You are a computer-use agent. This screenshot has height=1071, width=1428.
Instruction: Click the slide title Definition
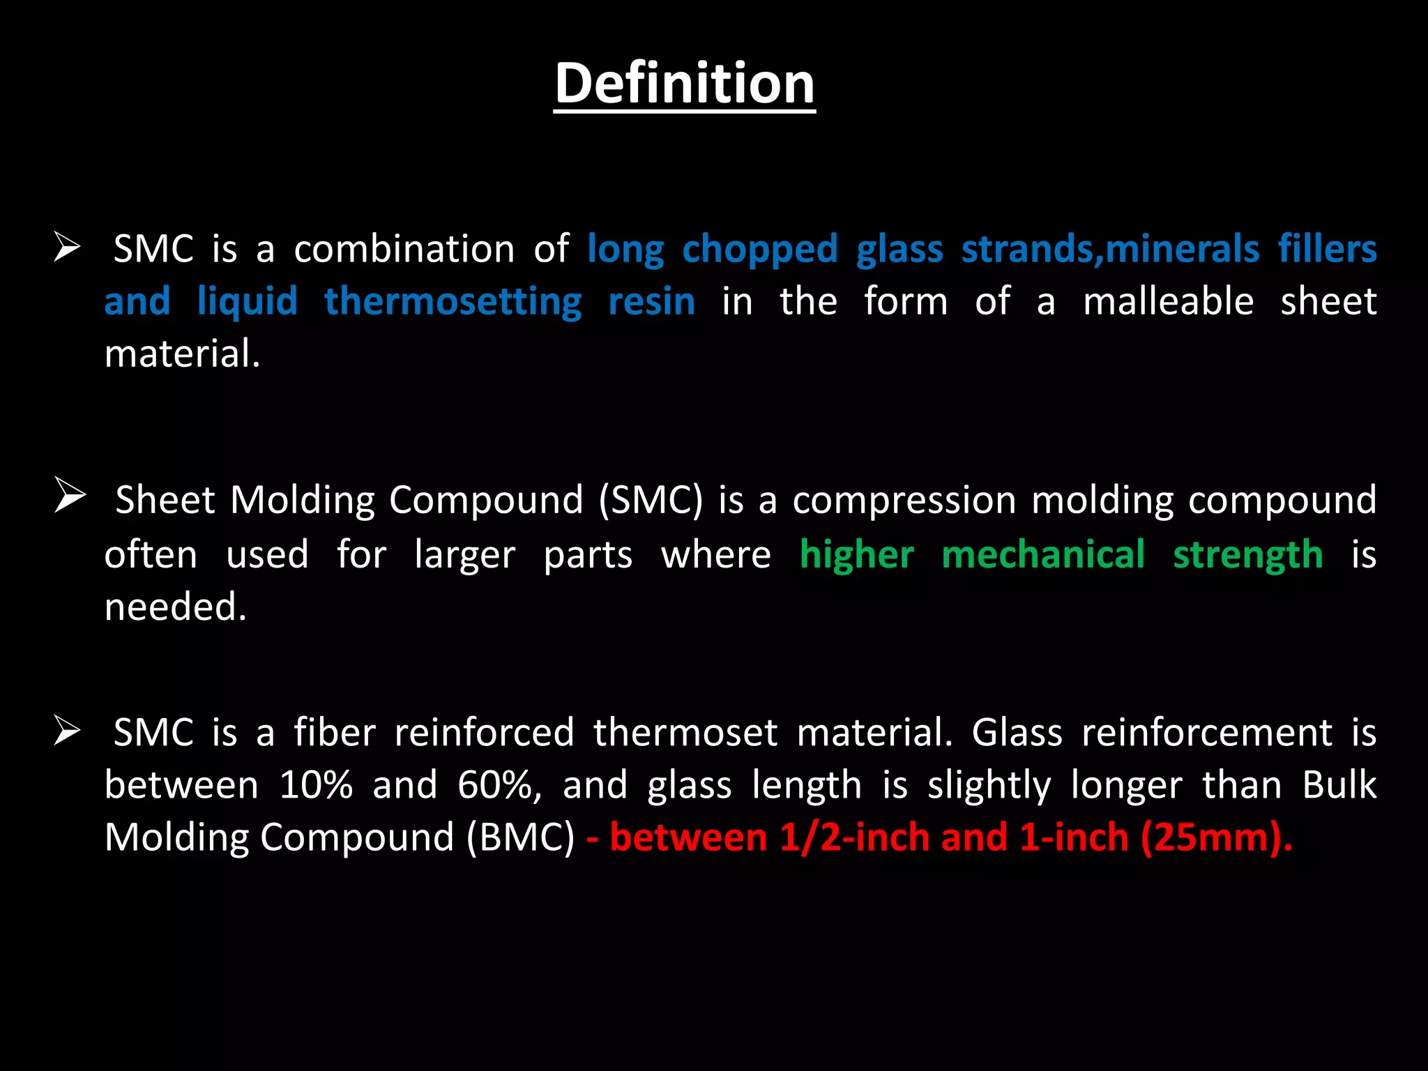(x=684, y=84)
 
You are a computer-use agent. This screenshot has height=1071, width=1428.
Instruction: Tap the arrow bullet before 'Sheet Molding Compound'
(x=70, y=496)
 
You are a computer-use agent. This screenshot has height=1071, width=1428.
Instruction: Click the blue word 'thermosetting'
(x=453, y=303)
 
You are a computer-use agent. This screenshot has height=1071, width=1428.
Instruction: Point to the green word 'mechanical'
(x=1043, y=555)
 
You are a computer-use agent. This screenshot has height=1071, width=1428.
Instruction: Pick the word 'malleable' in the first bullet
(x=1168, y=301)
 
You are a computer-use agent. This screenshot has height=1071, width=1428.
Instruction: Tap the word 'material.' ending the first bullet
(x=182, y=354)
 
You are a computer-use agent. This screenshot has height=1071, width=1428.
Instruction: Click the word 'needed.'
(x=176, y=607)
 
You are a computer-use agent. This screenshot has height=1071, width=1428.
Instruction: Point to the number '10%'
(x=316, y=785)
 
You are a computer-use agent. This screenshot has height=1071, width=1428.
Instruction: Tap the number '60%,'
(x=499, y=787)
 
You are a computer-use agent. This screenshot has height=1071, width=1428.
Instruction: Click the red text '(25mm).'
(x=1216, y=837)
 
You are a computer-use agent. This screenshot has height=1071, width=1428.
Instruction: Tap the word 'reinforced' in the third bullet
(x=484, y=733)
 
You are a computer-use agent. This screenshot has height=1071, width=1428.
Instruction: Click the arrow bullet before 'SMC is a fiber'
(x=68, y=731)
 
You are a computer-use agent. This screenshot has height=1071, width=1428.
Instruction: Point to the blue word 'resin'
(x=651, y=303)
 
